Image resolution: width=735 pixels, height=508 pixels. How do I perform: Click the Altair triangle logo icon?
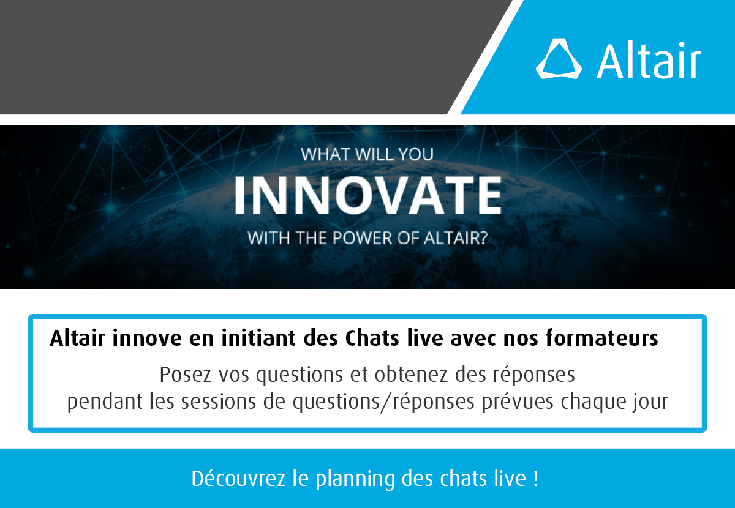pyautogui.click(x=558, y=59)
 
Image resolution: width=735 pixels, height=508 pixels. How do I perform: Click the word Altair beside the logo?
pyautogui.click(x=649, y=60)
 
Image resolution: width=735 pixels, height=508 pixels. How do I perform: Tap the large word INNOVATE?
pyautogui.click(x=367, y=195)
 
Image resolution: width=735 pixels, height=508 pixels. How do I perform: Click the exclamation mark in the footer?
pyautogui.click(x=535, y=478)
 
